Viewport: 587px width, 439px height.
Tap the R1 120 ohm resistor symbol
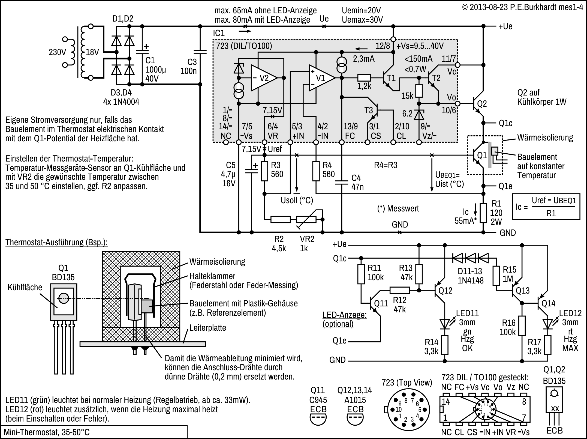483,213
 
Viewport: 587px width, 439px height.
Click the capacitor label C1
150,60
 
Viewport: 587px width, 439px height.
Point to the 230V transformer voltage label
57,52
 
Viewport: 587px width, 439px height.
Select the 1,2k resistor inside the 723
364,78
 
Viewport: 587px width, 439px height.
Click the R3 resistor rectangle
264,171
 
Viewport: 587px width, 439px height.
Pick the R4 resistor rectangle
316,171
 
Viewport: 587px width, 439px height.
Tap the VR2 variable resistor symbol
306,219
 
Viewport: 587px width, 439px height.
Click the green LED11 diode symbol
445,324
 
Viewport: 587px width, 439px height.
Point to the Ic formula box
546,207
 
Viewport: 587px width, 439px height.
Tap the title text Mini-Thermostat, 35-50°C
47,432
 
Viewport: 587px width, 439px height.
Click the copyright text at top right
522,7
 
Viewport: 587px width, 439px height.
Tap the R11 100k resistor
361,274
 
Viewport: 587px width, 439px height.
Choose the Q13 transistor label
523,291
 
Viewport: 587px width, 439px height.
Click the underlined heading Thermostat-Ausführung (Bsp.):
56,242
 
